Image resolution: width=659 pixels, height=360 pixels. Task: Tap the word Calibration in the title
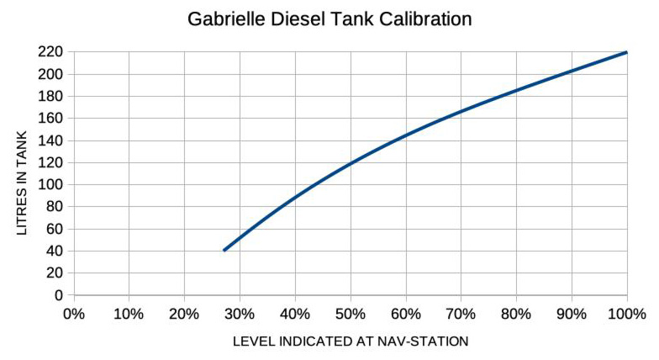(x=424, y=19)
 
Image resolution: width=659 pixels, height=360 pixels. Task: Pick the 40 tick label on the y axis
(x=55, y=251)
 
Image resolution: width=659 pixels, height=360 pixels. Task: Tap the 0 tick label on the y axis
(x=59, y=294)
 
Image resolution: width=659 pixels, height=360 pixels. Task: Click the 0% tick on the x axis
(x=74, y=315)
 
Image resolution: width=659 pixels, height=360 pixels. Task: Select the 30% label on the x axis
(x=240, y=315)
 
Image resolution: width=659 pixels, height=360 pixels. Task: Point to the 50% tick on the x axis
(x=351, y=315)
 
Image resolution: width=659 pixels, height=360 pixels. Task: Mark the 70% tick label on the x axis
(x=461, y=315)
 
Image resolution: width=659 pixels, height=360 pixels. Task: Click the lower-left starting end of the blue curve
(x=224, y=250)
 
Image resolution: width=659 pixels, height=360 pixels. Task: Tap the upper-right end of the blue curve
(x=627, y=52)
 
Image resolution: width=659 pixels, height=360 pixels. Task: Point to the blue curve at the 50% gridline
(x=351, y=162)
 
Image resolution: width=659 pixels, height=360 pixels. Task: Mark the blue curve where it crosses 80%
(x=516, y=90)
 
